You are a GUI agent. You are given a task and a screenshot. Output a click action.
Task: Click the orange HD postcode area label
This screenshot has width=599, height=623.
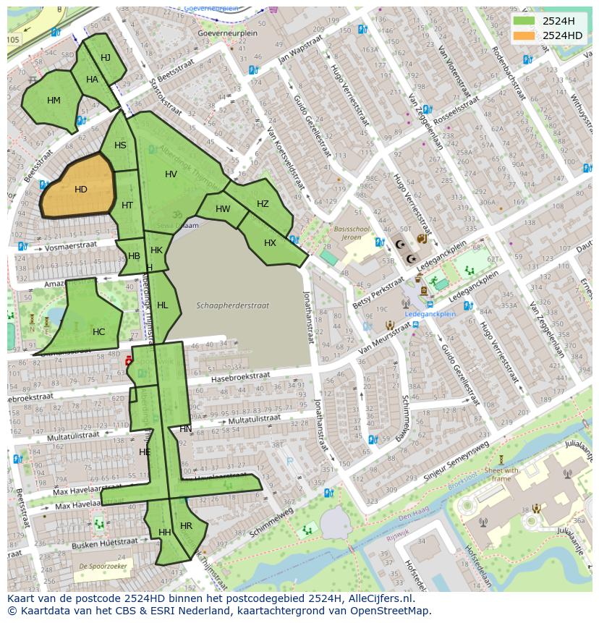pyautogui.click(x=80, y=190)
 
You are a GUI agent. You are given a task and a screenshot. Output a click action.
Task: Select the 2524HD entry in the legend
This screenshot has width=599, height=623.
pyautogui.click(x=561, y=35)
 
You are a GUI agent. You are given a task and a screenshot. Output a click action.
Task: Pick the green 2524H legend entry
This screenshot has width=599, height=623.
pyautogui.click(x=556, y=21)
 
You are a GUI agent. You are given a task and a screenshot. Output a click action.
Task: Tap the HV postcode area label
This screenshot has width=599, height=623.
pyautogui.click(x=171, y=174)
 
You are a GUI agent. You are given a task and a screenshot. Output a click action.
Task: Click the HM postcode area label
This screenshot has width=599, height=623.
pyautogui.click(x=54, y=101)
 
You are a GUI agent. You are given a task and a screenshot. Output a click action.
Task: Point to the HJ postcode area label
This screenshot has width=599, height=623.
pyautogui.click(x=106, y=58)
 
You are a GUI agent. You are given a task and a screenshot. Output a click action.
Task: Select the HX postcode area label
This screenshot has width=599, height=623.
pyautogui.click(x=270, y=243)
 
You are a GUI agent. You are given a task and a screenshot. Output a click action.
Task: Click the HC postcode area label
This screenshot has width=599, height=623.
pyautogui.click(x=98, y=332)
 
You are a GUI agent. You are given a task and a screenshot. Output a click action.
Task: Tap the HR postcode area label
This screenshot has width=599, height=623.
pyautogui.click(x=186, y=526)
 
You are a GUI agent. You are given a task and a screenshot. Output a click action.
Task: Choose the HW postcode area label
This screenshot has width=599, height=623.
pyautogui.click(x=223, y=209)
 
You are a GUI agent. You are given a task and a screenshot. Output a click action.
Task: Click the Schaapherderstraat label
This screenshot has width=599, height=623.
pyautogui.click(x=232, y=305)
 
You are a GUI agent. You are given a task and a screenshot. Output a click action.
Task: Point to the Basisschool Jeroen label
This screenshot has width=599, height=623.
pyautogui.click(x=351, y=232)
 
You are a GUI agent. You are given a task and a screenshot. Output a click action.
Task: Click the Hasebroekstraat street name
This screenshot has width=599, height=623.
pyautogui.click(x=240, y=377)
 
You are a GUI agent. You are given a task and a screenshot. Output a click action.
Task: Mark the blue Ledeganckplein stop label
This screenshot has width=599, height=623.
pyautogui.click(x=430, y=314)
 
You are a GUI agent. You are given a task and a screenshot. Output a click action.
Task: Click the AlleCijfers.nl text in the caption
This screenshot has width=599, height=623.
pyautogui.click(x=379, y=598)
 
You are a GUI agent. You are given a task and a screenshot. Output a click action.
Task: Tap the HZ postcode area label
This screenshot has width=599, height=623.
pyautogui.click(x=263, y=204)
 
